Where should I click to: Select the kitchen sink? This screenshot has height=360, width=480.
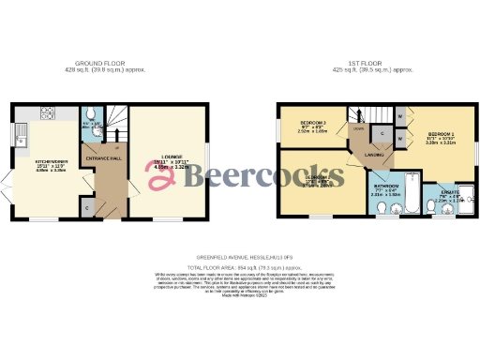[x=22, y=140]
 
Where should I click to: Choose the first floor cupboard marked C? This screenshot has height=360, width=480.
[x=382, y=134]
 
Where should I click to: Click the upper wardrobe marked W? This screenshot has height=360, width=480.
[x=401, y=116]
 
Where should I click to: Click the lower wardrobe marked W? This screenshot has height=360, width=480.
[x=401, y=139]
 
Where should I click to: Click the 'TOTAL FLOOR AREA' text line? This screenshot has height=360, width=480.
[x=240, y=266]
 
